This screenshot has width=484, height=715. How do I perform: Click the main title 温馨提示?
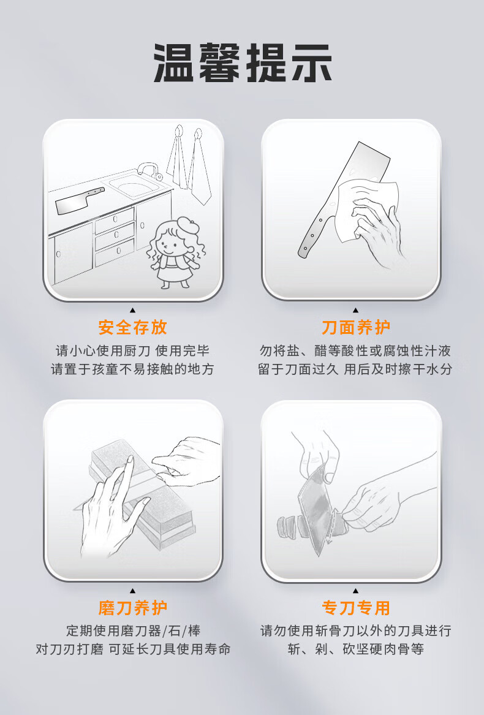pos(242,63)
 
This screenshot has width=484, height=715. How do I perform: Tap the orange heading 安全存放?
pos(133,327)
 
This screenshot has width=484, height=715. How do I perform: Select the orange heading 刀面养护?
pos(356,327)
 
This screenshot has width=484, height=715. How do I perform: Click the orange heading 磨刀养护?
pos(133,608)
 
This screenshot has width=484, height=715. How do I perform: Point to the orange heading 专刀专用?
pos(356,608)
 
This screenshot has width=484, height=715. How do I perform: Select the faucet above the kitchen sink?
pos(148,170)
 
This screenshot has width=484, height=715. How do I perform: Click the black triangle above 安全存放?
pos(133,310)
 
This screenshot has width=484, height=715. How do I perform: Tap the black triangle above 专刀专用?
pos(356,591)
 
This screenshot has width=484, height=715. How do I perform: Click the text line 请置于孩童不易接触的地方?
pos(133,369)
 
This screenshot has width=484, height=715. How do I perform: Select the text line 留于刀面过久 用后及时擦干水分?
pos(355,369)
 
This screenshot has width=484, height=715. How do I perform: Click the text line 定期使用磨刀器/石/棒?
pos(133,630)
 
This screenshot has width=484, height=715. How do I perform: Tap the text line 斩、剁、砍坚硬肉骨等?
pos(355,649)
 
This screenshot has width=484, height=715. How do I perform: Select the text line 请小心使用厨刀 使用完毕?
pos(133,350)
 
